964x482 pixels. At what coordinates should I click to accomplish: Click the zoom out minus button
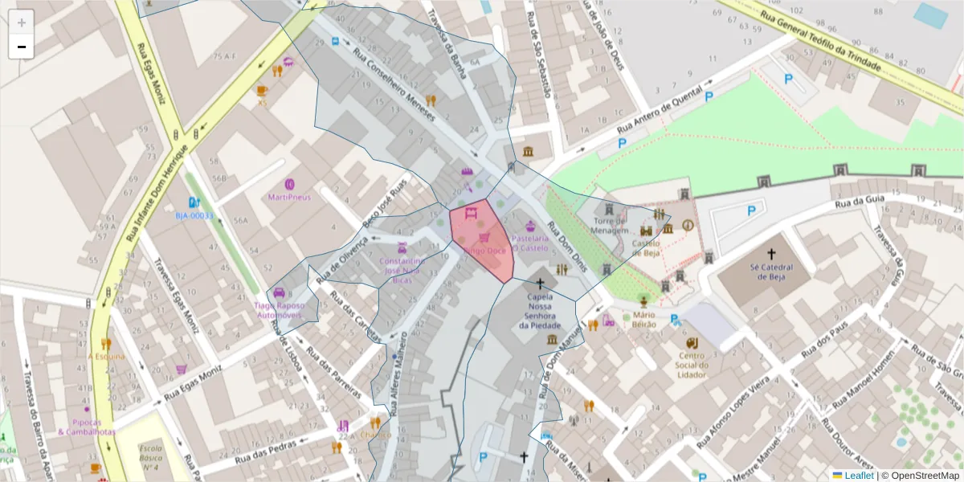(x=22, y=47)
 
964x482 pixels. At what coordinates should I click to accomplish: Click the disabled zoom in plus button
(x=22, y=22)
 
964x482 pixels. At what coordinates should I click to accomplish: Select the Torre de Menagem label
(x=610, y=225)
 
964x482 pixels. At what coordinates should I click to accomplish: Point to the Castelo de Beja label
(x=645, y=247)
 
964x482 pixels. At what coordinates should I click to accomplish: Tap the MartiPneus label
(x=289, y=196)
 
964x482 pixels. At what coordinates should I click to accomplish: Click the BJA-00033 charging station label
(x=194, y=215)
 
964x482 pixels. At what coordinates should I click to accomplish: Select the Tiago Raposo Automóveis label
(x=280, y=311)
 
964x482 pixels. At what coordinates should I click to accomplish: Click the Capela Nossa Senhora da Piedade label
(x=540, y=311)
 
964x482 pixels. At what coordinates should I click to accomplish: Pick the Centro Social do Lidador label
(x=692, y=366)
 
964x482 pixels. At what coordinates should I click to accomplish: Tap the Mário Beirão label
(x=644, y=320)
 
